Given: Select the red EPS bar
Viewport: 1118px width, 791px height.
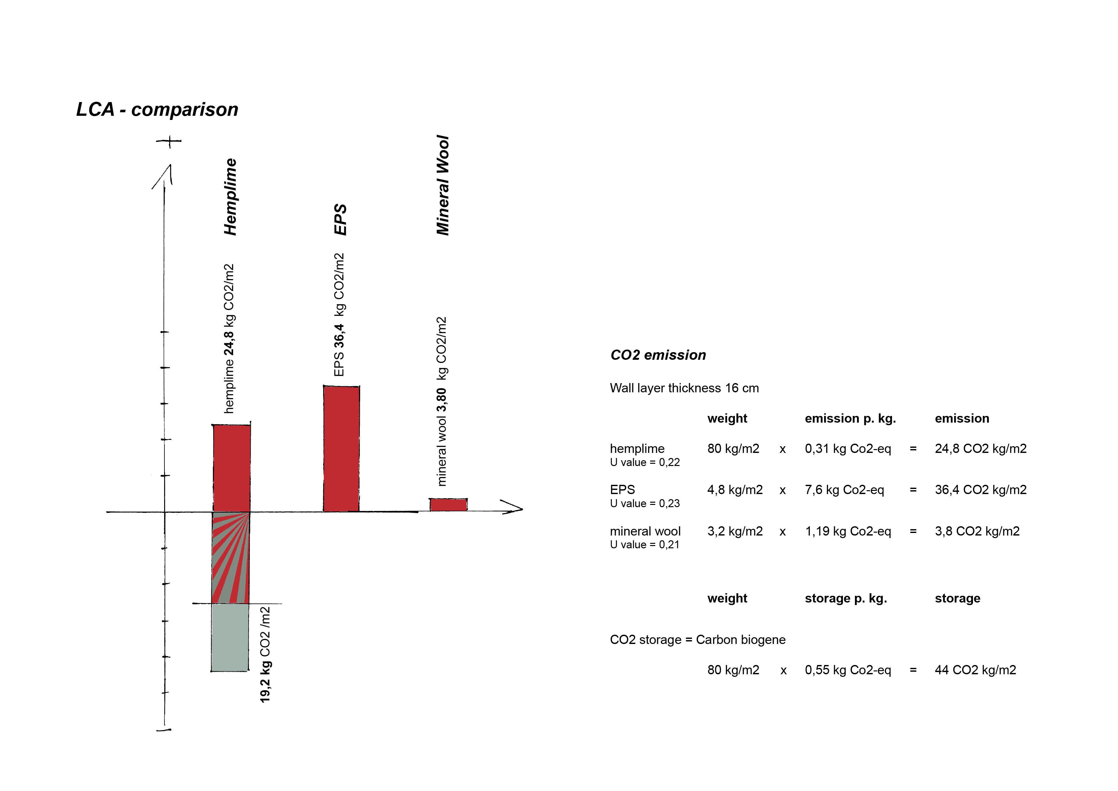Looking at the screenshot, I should coord(341,448).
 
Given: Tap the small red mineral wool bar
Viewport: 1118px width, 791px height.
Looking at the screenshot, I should coord(448,505).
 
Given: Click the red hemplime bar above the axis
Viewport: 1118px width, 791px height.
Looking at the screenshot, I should coord(232,468).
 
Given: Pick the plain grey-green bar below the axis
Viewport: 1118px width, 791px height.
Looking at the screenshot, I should coord(230,638).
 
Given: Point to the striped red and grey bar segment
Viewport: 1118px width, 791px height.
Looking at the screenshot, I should coord(231,558).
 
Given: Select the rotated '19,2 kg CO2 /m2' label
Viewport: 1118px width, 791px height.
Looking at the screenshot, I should coord(265,654).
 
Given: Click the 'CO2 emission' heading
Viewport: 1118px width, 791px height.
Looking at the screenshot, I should coord(658,355).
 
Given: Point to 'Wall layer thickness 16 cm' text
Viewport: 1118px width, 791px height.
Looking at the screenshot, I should coord(684,388).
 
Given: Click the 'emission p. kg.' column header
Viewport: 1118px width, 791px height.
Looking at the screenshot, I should coord(850,418).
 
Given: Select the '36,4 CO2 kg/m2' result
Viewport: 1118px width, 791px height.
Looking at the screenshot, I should coord(980,489).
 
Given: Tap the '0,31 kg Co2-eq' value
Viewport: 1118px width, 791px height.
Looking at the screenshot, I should coord(848,448).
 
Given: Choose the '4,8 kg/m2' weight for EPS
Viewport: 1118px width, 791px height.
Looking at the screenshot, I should coord(735,489).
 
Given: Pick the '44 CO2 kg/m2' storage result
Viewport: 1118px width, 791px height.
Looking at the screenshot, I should coord(975,670).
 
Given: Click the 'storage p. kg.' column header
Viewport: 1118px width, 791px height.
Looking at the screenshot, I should coord(846,598).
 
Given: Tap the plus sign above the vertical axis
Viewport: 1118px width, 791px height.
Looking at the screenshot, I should coord(169,141).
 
